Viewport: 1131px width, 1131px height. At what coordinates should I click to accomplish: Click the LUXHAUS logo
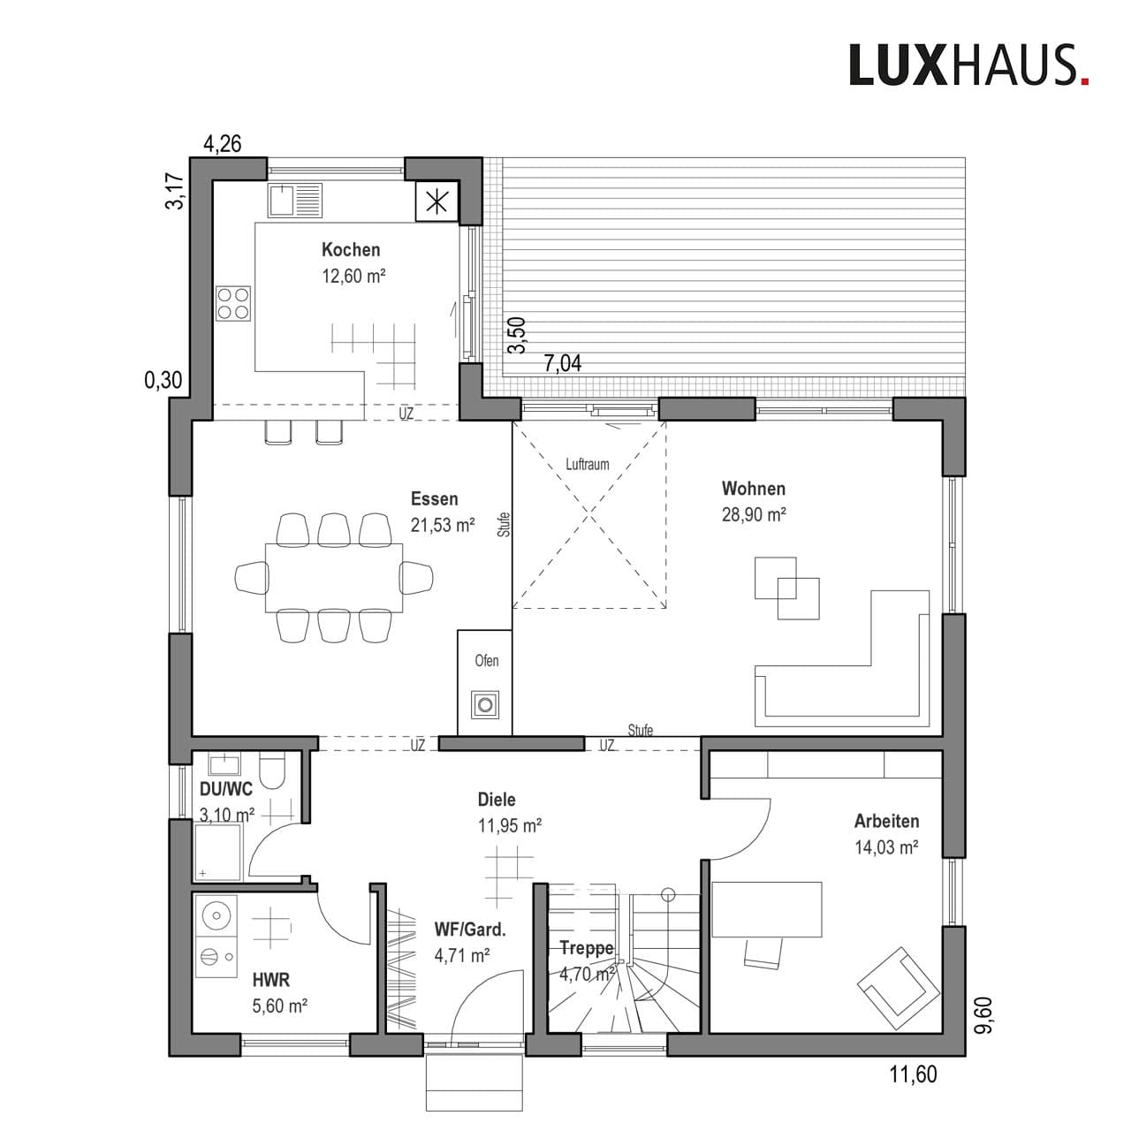[x=968, y=65]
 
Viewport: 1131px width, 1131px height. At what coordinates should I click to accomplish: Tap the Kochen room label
[x=351, y=250]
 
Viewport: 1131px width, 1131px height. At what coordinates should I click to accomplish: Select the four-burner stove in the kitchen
[x=233, y=303]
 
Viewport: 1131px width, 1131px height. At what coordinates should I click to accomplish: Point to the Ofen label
[x=487, y=661]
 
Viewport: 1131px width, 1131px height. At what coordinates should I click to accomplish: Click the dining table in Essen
[x=334, y=577]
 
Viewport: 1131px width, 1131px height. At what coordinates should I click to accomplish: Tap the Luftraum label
[x=588, y=464]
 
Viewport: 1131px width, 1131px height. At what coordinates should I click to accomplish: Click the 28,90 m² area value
[x=754, y=515]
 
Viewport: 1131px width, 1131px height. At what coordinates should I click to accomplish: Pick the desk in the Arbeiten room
[x=767, y=908]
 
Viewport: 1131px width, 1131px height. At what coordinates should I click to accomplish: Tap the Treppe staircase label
[x=586, y=949]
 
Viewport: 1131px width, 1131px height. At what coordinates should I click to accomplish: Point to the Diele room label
[x=497, y=800]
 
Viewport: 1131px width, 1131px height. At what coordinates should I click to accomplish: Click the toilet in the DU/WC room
[x=273, y=770]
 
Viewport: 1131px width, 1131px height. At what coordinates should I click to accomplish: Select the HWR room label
[x=271, y=980]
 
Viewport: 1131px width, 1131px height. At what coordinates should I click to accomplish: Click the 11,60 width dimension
[x=913, y=1075]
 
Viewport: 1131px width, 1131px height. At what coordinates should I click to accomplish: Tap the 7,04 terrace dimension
[x=563, y=363]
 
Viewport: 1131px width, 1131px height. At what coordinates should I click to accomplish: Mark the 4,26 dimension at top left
[x=223, y=144]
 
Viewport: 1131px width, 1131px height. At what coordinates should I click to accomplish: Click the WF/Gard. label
[x=470, y=930]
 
